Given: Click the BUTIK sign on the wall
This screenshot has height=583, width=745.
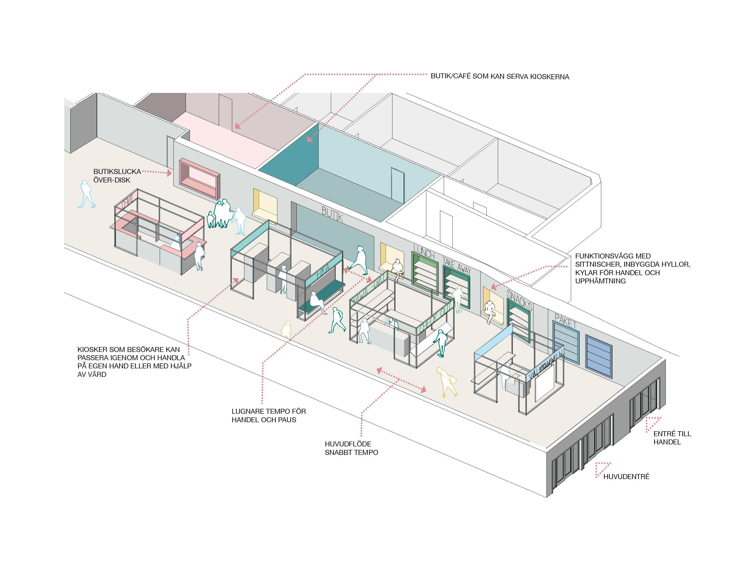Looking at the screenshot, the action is [332, 214].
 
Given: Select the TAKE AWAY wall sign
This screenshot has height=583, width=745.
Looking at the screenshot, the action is [457, 265].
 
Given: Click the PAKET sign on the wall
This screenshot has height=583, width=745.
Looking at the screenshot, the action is [565, 322].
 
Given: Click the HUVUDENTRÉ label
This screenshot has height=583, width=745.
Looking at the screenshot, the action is [626, 477].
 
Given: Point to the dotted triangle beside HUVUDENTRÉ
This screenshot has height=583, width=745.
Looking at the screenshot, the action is [602, 468].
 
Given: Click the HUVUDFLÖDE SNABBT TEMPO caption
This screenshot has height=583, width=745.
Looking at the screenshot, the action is [351, 448].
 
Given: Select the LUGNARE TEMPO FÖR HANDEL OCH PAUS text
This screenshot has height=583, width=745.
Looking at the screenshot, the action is [268, 416].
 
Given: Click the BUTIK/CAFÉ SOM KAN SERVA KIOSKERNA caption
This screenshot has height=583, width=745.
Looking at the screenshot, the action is [500, 77].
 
